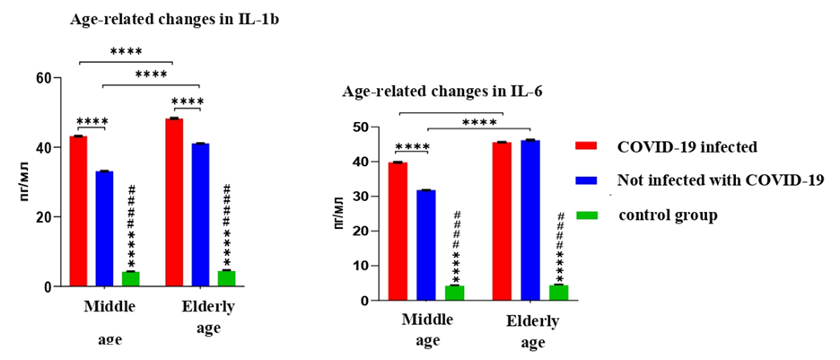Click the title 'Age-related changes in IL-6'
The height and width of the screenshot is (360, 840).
point(442,92)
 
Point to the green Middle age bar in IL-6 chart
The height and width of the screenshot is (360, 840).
point(455,293)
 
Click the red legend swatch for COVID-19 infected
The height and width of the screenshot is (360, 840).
point(587,145)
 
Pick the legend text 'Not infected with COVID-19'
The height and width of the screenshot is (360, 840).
point(721,180)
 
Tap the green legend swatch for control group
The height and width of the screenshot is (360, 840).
point(587,214)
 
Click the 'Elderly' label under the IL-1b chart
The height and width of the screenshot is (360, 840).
point(208,307)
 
